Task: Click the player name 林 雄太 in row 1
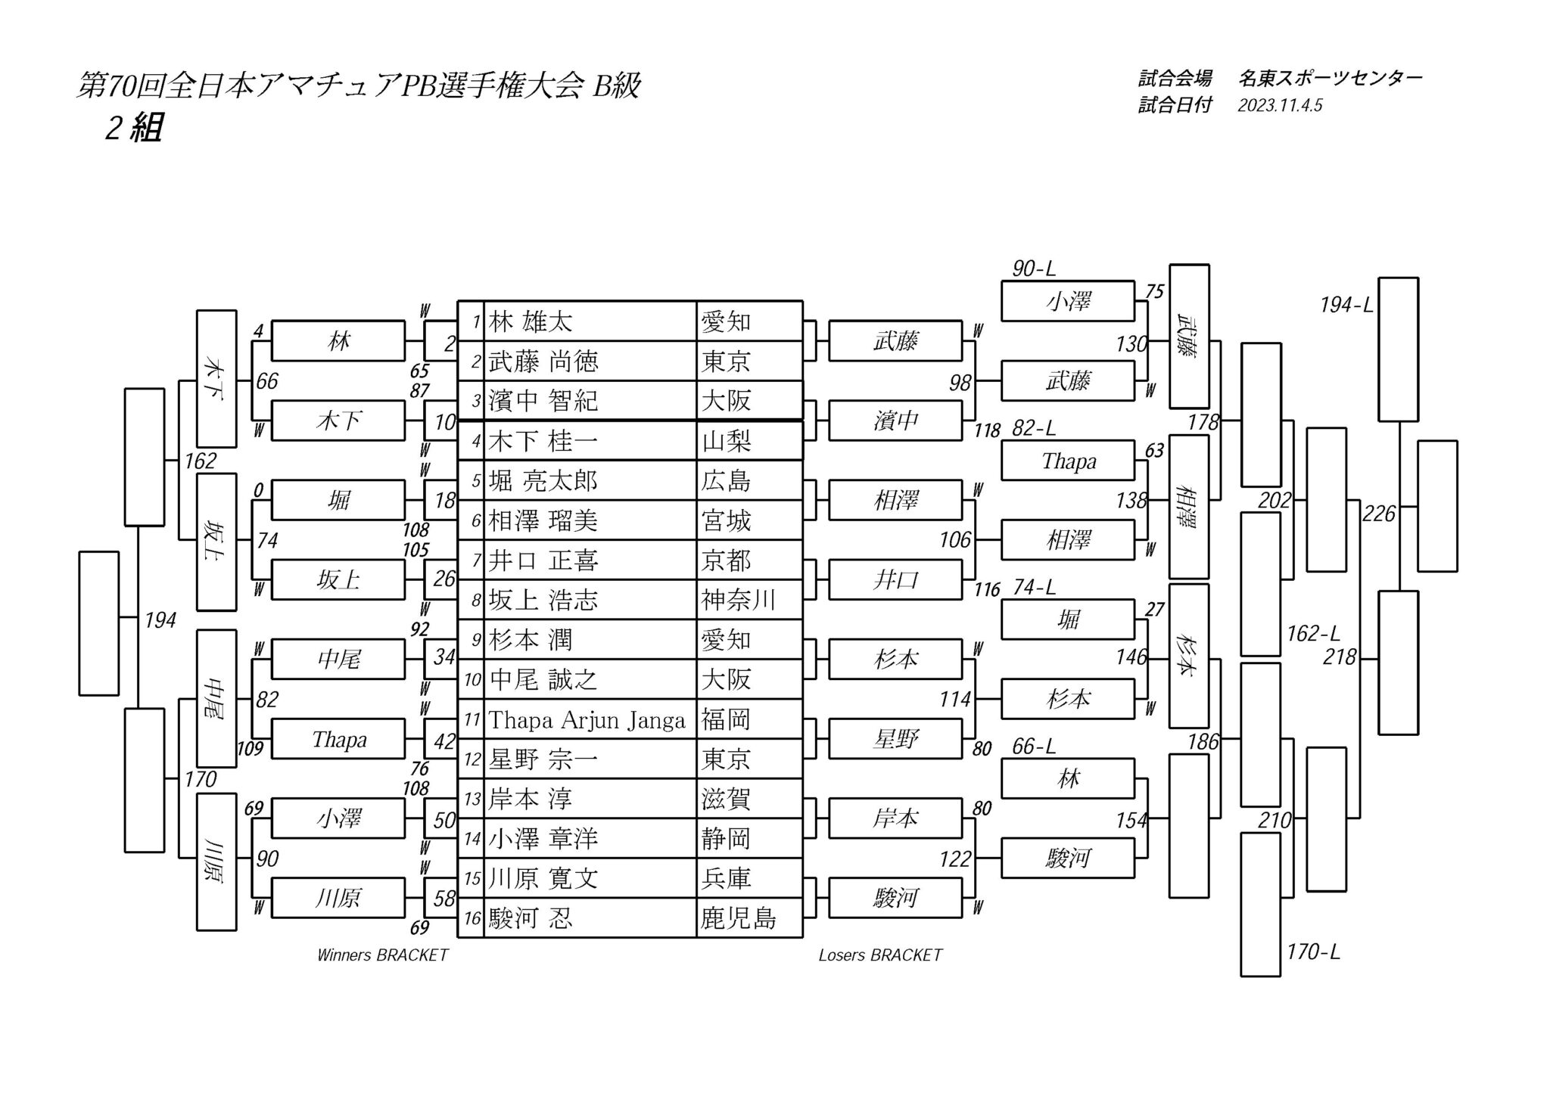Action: (x=530, y=321)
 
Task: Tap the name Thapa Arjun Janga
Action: (x=587, y=719)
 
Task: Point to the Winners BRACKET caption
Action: (x=382, y=955)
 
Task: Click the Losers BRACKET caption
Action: (x=879, y=955)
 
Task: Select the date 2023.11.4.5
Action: (x=1280, y=106)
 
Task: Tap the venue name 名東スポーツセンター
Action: (x=1331, y=78)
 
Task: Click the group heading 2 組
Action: (x=134, y=129)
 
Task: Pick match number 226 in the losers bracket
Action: (x=1378, y=514)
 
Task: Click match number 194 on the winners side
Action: (x=160, y=620)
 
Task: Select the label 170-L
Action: (x=1313, y=952)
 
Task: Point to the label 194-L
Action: (x=1346, y=305)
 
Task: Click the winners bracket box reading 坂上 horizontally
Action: (x=338, y=580)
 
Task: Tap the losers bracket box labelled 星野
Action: (x=895, y=739)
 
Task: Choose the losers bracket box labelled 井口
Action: (x=895, y=580)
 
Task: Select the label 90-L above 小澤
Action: (x=1034, y=269)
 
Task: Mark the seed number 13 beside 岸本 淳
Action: (x=472, y=799)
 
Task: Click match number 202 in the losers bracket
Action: (x=1275, y=500)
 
